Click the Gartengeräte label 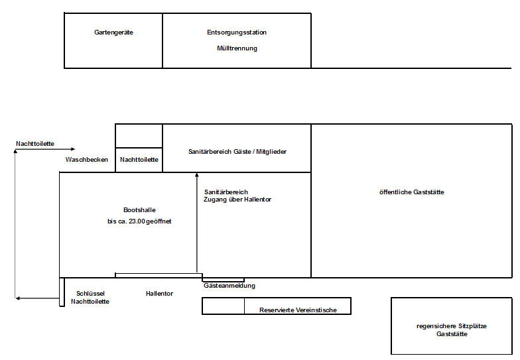point(113,32)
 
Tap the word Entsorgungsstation point(237,32)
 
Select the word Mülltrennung point(237,48)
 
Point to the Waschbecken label point(86,159)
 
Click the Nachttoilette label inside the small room point(139,159)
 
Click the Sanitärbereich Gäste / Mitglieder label point(237,151)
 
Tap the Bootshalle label point(139,210)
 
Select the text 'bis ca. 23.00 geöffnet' point(139,221)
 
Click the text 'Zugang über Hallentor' point(237,200)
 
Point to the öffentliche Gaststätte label point(411,192)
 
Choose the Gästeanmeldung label point(229,285)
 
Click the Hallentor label point(159,293)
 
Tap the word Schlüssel point(90,293)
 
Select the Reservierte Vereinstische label point(298,310)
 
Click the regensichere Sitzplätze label point(451,326)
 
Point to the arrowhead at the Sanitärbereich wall point(196,175)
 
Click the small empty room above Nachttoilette point(139,136)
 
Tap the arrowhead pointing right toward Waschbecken point(73,149)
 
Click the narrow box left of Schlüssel point(62,292)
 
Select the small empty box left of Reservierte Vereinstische point(223,306)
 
